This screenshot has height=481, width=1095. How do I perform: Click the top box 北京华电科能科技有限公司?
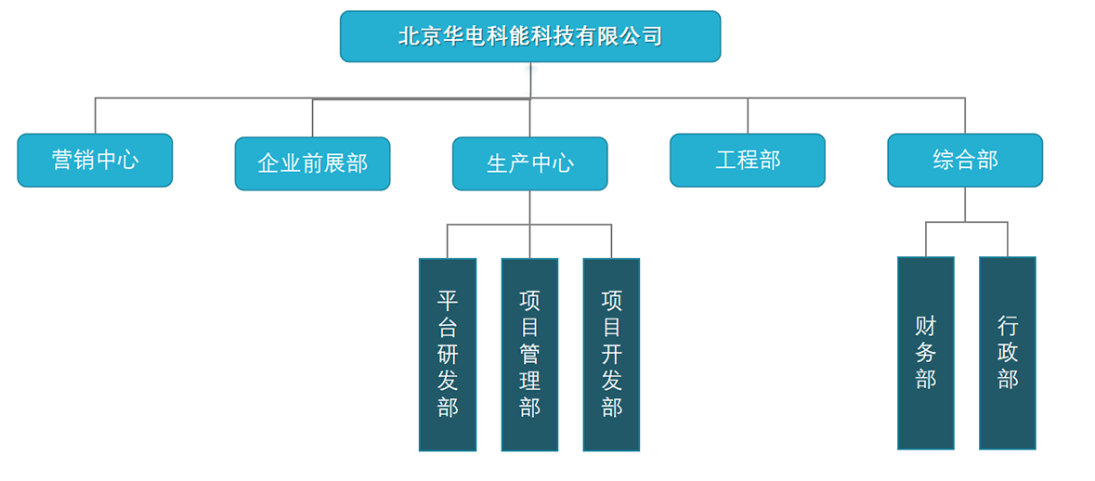coord(529,36)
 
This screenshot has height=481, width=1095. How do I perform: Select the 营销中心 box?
coord(95,160)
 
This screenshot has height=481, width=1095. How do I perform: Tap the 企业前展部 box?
coord(312,163)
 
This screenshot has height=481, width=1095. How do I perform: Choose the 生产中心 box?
coord(529,163)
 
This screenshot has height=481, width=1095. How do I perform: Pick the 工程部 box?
coord(747,160)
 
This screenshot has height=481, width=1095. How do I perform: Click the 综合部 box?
coord(964,160)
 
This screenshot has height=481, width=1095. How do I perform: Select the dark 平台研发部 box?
coord(448,354)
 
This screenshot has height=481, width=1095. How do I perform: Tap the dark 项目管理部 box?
coord(529,354)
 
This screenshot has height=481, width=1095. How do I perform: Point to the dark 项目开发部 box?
coord(611,354)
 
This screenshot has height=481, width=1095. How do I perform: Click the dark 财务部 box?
coord(925,353)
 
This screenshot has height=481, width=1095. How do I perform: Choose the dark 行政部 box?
coord(1007,353)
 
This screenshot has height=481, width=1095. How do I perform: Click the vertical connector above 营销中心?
coord(96,115)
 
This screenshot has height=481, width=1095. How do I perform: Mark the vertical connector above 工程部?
coord(748,115)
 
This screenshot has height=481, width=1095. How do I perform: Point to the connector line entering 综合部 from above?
coord(965,115)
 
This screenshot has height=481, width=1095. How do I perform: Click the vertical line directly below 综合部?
coord(965,203)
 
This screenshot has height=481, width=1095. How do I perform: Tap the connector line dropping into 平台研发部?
coord(448,240)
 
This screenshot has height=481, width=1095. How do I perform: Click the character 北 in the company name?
coord(406,36)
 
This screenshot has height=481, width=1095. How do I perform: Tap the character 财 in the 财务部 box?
coord(925,326)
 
